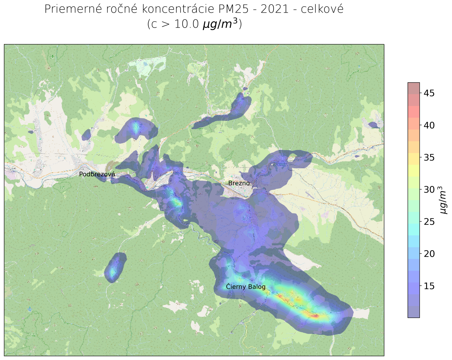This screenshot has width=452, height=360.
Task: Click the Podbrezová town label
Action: tap(97, 174)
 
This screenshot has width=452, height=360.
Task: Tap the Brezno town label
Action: tap(239, 183)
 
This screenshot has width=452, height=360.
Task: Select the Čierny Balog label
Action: tap(246, 287)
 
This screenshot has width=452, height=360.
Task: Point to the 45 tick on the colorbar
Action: tap(429, 93)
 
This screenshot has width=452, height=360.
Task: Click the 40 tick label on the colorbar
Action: tap(429, 125)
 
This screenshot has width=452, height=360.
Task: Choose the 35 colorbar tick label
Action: tap(429, 157)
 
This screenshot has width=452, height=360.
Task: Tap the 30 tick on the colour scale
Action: tap(429, 190)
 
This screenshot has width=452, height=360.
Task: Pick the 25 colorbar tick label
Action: tap(429, 222)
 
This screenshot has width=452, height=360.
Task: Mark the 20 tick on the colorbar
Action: tap(429, 254)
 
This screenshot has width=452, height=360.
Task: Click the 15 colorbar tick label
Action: tap(429, 286)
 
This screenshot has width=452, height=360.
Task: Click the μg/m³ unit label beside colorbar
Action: tap(443, 200)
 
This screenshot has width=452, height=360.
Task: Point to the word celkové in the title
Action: tap(322, 9)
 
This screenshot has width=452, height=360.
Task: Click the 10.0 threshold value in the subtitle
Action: tap(186, 24)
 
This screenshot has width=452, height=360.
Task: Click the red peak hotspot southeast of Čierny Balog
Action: tap(315, 316)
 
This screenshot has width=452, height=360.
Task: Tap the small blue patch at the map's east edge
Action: tap(374, 125)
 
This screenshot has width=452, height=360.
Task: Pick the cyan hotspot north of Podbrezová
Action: tap(136, 127)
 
